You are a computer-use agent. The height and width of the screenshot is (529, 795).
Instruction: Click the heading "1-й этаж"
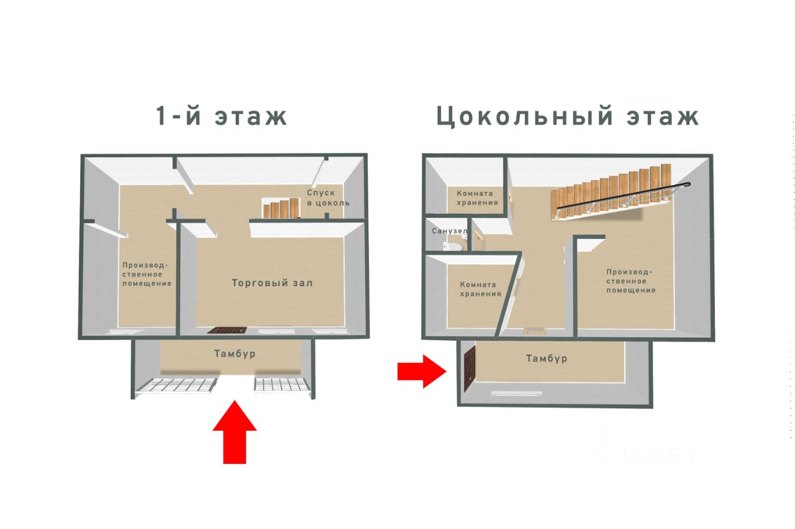[222, 116]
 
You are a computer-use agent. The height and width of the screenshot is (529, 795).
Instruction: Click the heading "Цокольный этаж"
[568, 116]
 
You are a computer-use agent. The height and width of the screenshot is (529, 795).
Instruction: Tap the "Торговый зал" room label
[272, 283]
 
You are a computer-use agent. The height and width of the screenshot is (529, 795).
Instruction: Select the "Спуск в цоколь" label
[328, 197]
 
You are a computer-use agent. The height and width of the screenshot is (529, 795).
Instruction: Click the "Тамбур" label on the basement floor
[546, 358]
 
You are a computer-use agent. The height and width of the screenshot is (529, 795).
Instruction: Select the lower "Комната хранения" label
[480, 289]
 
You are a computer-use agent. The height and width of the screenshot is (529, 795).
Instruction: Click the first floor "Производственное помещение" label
[147, 274]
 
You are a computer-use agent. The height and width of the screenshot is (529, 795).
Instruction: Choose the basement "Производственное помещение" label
[630, 281]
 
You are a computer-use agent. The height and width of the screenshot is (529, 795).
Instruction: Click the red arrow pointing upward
[235, 433]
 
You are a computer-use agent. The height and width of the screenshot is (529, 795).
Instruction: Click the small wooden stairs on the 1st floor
[281, 209]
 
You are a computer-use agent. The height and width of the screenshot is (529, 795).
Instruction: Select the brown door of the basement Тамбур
[469, 370]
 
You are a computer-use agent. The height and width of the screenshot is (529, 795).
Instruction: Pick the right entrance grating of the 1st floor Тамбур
[281, 385]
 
